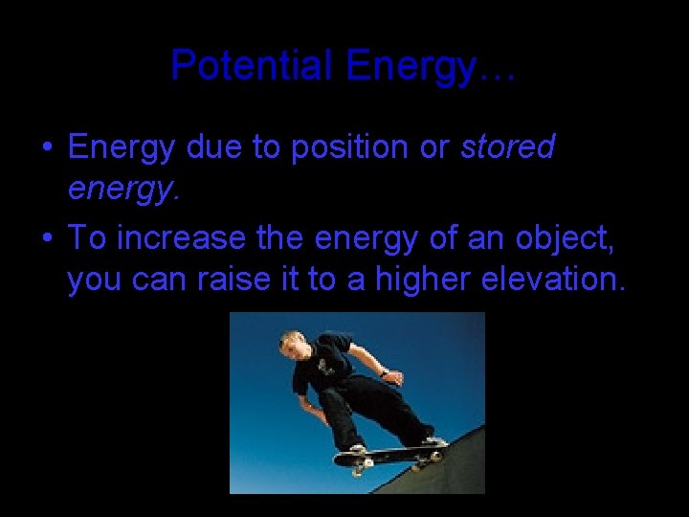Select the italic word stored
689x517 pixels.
coord(508,148)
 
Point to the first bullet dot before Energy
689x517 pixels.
coord(46,149)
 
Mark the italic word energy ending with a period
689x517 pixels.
coord(123,192)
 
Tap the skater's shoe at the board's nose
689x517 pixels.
coord(435,441)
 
